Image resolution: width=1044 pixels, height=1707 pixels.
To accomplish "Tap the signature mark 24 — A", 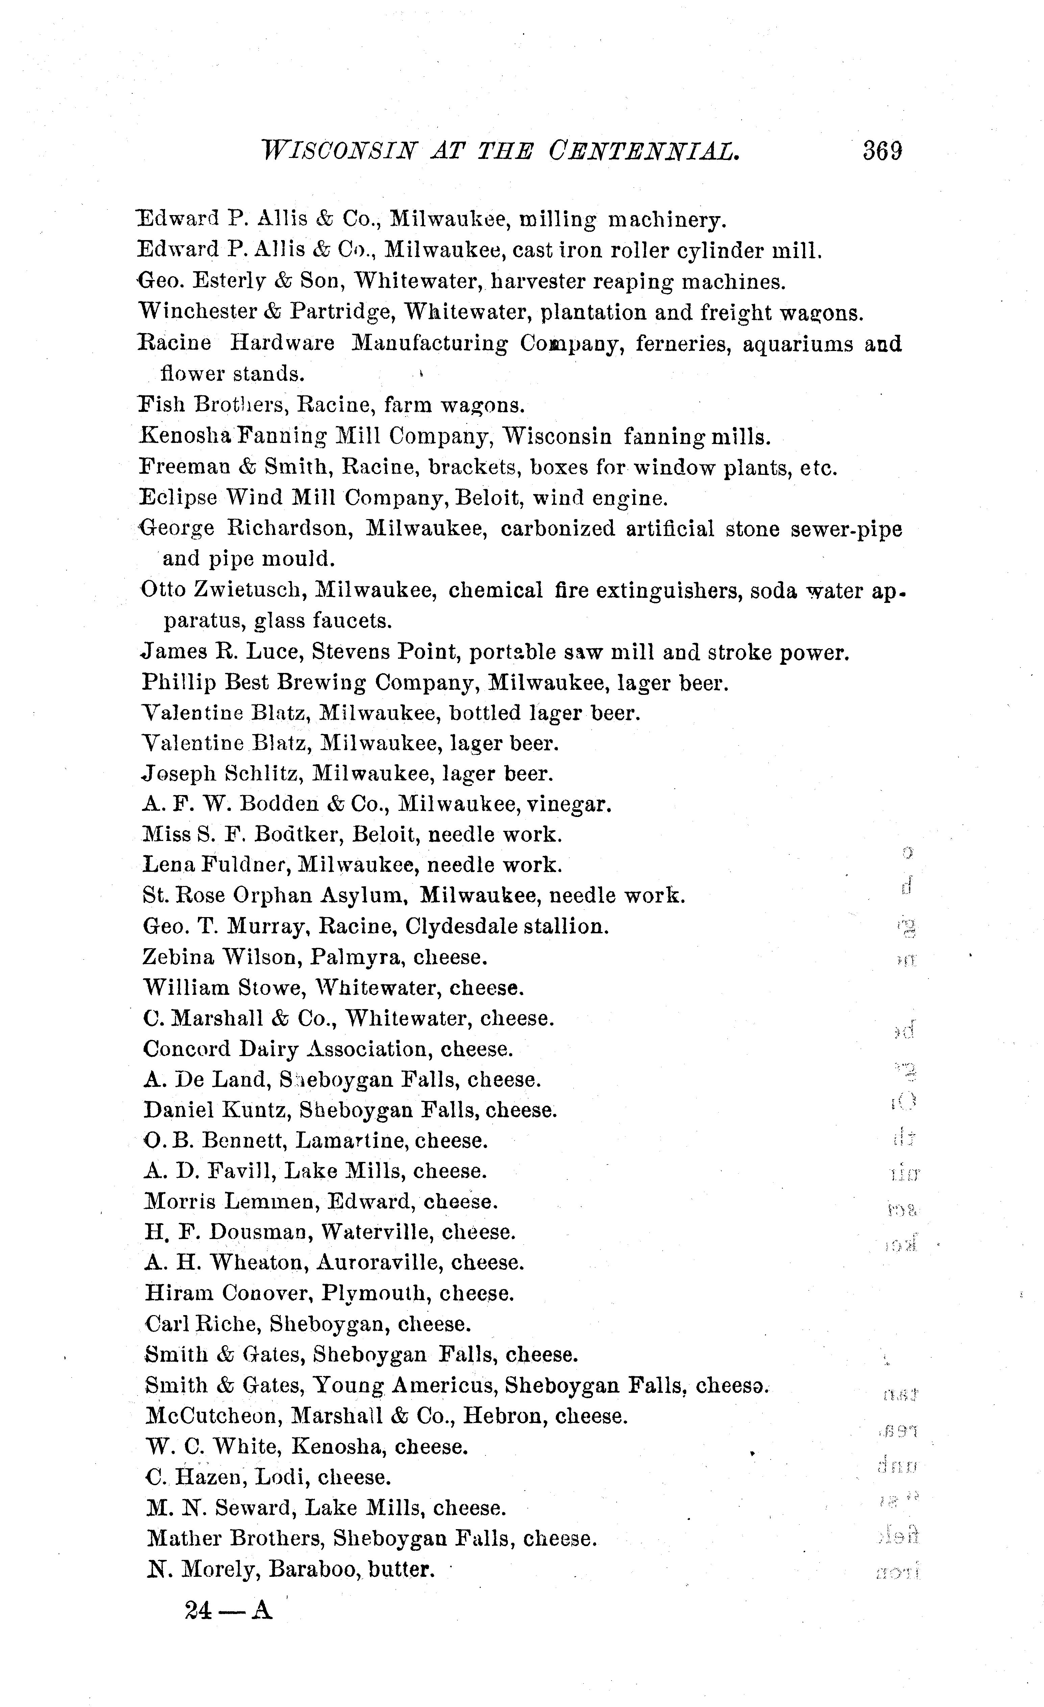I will click(x=228, y=1611).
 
